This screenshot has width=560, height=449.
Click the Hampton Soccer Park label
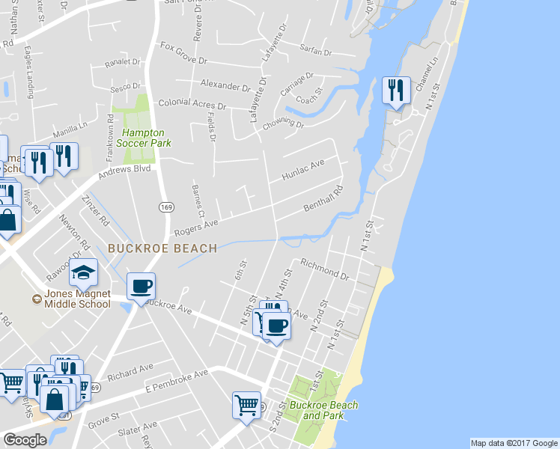[147, 138]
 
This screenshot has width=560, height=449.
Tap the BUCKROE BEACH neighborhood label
[162, 248]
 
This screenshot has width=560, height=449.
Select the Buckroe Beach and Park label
[323, 410]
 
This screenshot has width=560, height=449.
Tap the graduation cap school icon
[84, 272]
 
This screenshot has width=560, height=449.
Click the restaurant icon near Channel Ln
[395, 91]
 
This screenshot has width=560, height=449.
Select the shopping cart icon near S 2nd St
[246, 404]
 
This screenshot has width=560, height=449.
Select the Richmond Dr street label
[324, 269]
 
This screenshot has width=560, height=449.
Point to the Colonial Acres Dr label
[191, 105]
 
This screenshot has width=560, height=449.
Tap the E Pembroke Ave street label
[177, 381]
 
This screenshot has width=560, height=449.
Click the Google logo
[25, 439]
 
